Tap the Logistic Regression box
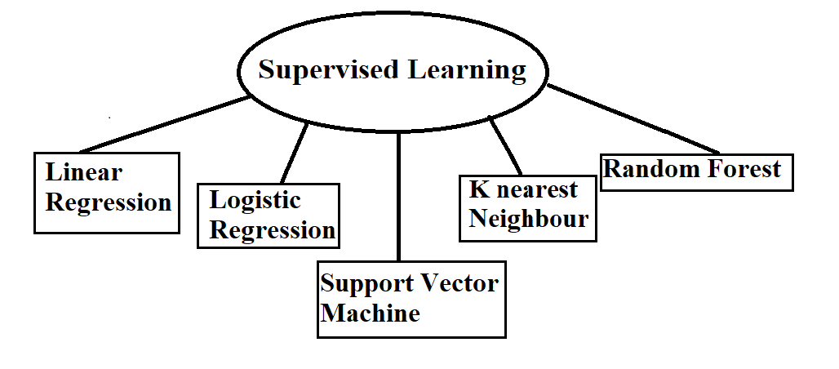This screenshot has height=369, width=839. tap(269, 215)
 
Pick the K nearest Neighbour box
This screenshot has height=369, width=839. tap(527, 207)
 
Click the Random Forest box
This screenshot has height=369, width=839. tap(696, 171)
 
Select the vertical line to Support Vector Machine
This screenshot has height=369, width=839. tap(399, 196)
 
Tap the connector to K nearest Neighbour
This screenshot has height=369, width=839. tap(505, 146)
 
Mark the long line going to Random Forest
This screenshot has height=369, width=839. tap(633, 118)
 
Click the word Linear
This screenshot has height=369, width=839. tap(83, 173)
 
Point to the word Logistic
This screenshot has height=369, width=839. tap(255, 201)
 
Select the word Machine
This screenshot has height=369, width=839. tap(370, 313)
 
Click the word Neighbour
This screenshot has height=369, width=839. tap(528, 219)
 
